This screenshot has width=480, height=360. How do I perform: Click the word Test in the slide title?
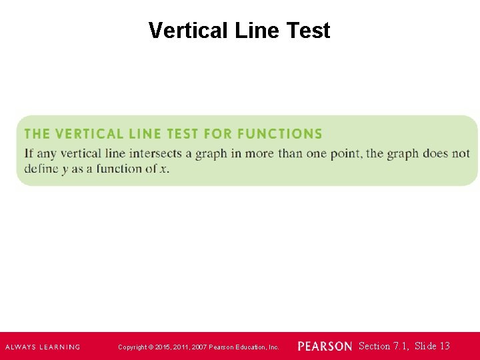coord(309,31)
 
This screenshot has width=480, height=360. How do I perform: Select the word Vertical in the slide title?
coord(189,31)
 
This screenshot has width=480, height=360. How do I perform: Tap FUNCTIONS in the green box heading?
coord(279,134)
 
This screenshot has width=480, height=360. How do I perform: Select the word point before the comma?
coord(347,153)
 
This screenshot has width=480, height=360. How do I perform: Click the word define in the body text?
coord(41,169)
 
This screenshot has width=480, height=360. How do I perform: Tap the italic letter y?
coord(65,169)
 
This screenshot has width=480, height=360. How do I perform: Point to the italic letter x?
coord(163,169)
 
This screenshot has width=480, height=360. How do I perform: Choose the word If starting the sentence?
coord(29,153)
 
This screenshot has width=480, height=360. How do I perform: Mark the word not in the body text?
coord(461,153)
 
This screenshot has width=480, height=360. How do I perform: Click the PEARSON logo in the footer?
coord(325,347)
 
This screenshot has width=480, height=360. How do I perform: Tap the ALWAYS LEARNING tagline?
coord(43,347)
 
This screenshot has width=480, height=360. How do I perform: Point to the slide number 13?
coord(444,346)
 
